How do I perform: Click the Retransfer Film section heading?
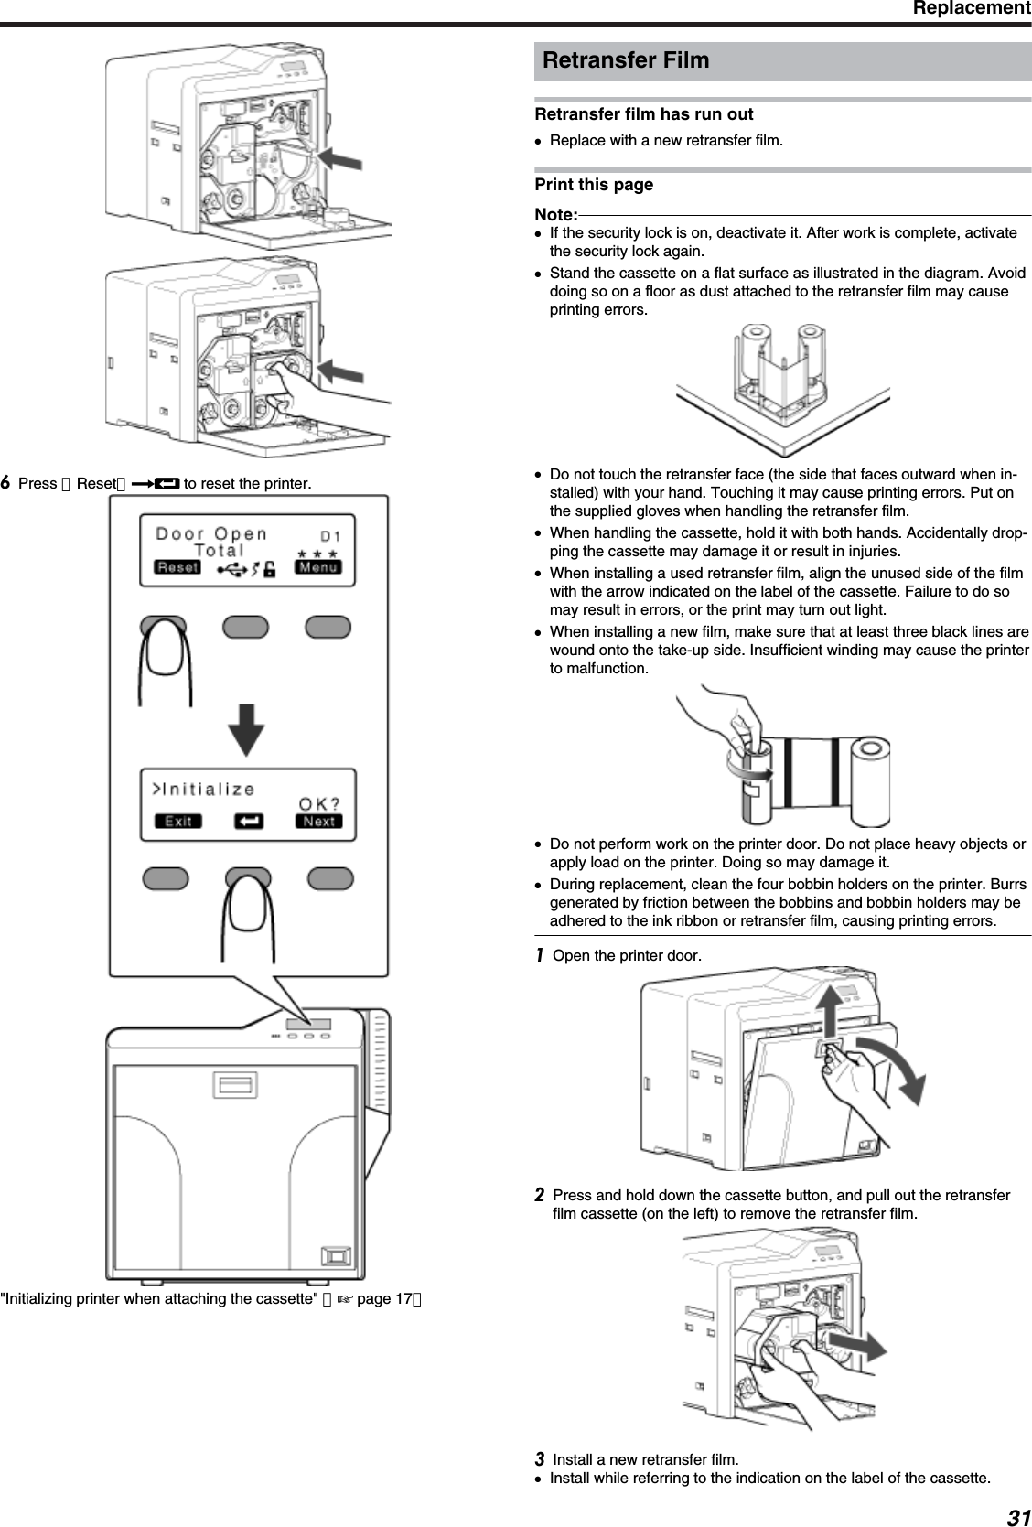tap(626, 60)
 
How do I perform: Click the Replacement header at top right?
tap(971, 9)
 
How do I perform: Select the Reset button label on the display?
tap(177, 567)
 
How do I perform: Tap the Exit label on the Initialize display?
tap(177, 821)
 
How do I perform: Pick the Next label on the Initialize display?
tap(318, 821)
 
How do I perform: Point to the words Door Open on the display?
tap(211, 533)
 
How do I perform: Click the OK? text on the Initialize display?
tap(319, 803)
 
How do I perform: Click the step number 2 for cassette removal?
tap(540, 1196)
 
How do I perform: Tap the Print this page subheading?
tap(594, 185)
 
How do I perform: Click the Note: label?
tap(555, 214)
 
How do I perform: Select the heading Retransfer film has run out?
tap(644, 114)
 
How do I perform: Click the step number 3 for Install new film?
tap(540, 1457)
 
